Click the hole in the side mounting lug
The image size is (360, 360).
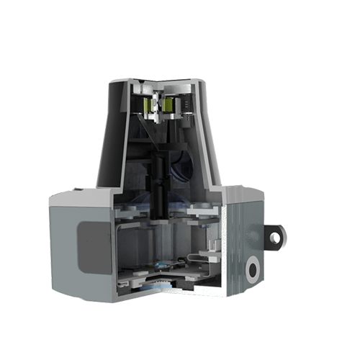(276, 235)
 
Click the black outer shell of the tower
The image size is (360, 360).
(108, 137)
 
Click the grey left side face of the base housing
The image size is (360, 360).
(65, 245)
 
